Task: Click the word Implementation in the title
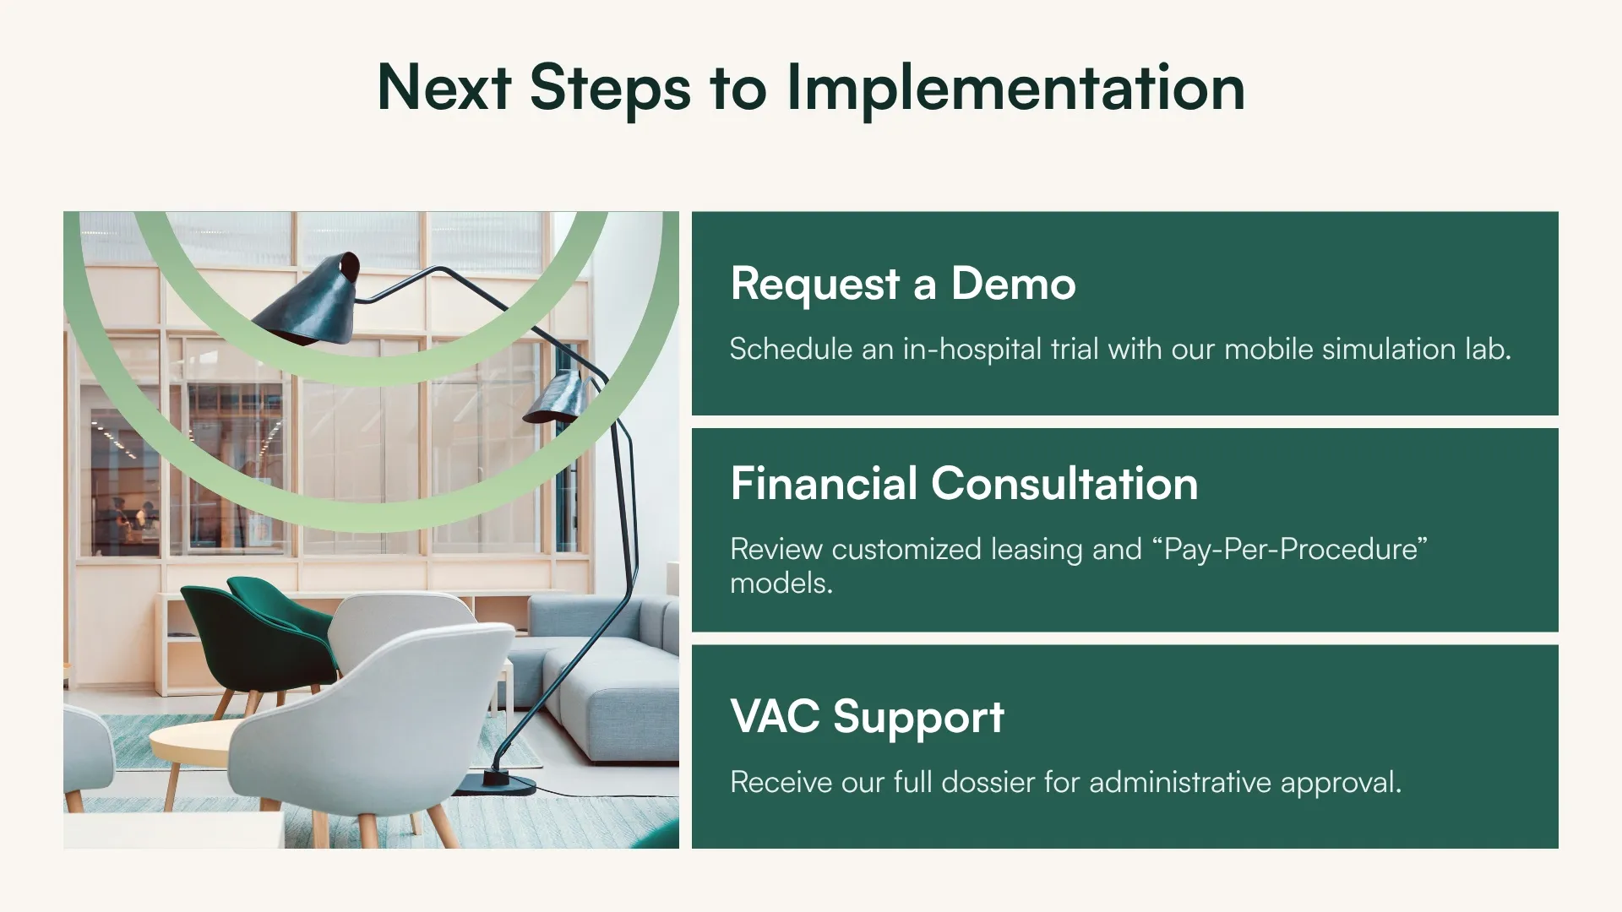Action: point(1015,88)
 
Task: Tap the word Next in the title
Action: point(444,88)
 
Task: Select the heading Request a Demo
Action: point(902,284)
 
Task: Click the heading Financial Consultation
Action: point(963,484)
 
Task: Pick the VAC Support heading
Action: point(867,717)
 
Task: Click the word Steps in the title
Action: point(610,88)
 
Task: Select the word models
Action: point(781,584)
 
